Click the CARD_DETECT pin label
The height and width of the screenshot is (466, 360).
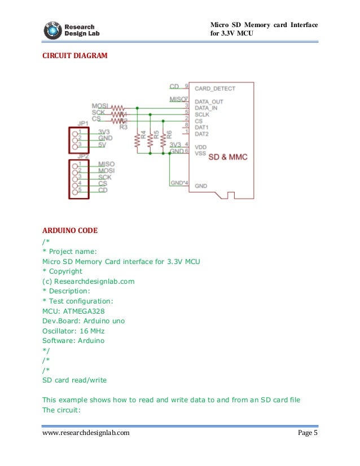click(x=215, y=89)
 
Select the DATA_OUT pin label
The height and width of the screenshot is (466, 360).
click(x=208, y=101)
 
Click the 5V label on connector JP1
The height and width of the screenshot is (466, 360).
click(x=103, y=144)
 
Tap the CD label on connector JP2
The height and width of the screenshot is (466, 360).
click(x=104, y=190)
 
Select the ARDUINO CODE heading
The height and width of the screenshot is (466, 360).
click(x=70, y=231)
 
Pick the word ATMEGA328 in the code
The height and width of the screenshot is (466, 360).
click(x=85, y=311)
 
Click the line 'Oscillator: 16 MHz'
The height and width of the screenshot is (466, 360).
click(x=73, y=331)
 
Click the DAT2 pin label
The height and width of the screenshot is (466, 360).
click(x=201, y=134)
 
